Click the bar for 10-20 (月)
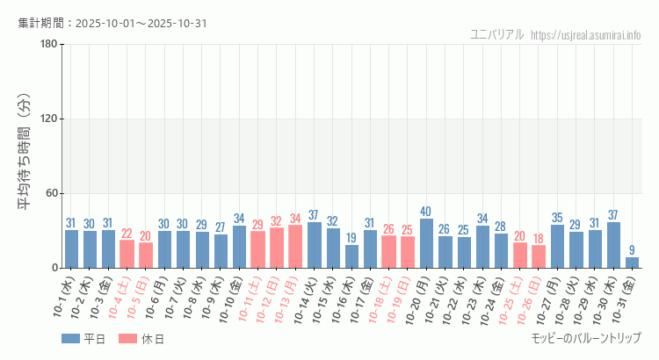(426, 243)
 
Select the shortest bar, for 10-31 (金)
(632, 263)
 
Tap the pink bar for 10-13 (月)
(295, 247)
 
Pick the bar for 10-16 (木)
(351, 256)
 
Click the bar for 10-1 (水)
(71, 248)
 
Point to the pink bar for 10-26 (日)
(538, 256)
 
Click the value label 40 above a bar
(426, 212)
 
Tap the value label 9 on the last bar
(632, 250)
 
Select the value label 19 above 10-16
(351, 238)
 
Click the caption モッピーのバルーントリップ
(586, 338)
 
